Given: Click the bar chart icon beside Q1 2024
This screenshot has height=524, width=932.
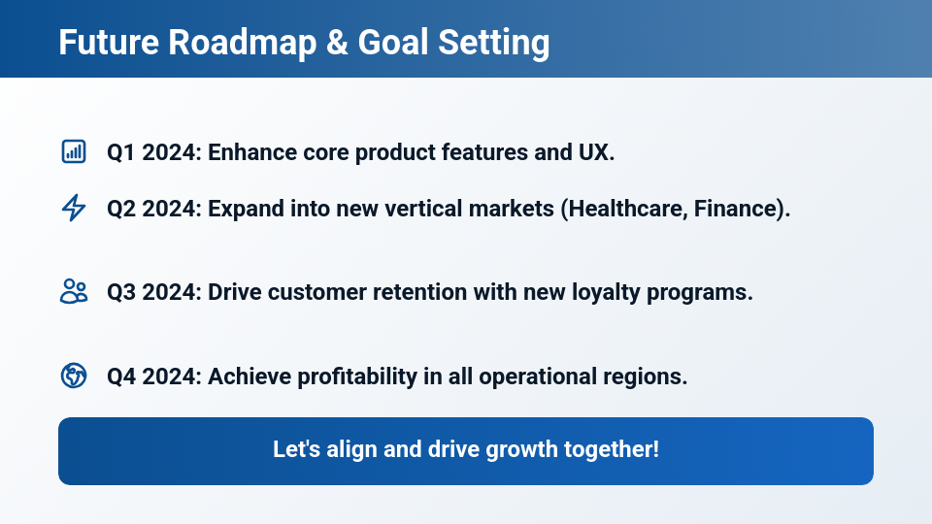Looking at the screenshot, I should pyautogui.click(x=73, y=151).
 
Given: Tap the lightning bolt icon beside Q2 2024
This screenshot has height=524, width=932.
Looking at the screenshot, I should pyautogui.click(x=73, y=208).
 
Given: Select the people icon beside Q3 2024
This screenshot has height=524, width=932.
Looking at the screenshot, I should pyautogui.click(x=73, y=291).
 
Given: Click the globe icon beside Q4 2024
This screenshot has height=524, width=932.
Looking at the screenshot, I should pyautogui.click(x=73, y=376).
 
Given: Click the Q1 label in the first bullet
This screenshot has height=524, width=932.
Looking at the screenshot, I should pyautogui.click(x=121, y=152).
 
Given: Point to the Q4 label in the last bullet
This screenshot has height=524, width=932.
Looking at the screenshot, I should pyautogui.click(x=121, y=377).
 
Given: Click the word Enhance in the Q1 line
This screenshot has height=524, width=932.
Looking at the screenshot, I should pyautogui.click(x=247, y=152).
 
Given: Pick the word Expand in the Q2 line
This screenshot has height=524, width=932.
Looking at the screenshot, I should pyautogui.click(x=243, y=209).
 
